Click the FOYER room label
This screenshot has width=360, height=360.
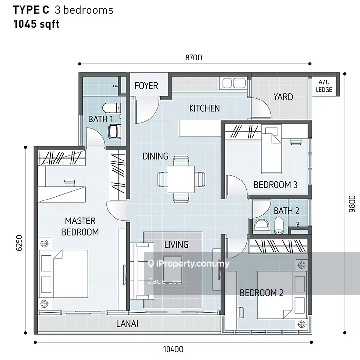pos(146,86)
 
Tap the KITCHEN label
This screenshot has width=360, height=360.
pos(204,108)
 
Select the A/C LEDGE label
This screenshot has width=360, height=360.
pos(324,86)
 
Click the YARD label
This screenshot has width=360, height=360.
pos(283,97)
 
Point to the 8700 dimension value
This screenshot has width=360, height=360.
pos(193,58)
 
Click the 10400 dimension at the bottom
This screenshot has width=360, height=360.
pos(173,349)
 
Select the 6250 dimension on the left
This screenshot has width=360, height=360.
pos(20,242)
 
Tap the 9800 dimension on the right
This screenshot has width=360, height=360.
pos(352,203)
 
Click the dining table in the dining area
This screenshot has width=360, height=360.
pos(181,180)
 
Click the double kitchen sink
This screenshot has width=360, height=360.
pos(233,83)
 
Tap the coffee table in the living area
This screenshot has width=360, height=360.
pos(172,270)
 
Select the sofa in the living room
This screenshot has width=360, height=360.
pos(142,271)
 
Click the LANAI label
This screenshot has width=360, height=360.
pos(127,324)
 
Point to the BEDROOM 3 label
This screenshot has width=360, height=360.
pos(275,185)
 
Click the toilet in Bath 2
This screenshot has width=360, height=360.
pos(279,225)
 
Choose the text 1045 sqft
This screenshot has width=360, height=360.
pos(36,24)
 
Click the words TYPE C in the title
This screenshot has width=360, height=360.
pos(31,10)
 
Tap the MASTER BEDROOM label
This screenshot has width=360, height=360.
pos(80,226)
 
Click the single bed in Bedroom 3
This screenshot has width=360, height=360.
pos(272,149)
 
